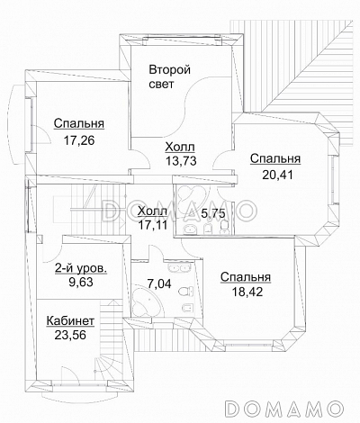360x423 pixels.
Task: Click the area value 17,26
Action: click(79, 140)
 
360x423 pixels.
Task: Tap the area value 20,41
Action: click(277, 175)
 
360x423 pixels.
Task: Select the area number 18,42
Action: click(247, 292)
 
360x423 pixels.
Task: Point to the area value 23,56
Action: click(70, 335)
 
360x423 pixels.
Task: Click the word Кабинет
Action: click(70, 320)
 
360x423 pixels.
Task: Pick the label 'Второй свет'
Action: click(170, 76)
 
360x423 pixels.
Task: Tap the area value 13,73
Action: click(181, 161)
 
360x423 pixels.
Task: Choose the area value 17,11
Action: click(153, 224)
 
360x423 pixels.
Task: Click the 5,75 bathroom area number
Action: click(213, 214)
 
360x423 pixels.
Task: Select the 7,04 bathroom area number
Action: click(159, 283)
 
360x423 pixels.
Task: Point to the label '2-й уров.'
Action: click(81, 268)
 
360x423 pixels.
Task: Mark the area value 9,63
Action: click(81, 282)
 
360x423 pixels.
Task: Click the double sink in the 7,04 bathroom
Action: click(179, 267)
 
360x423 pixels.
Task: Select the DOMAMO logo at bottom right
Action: click(284, 408)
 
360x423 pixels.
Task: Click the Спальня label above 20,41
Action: click(275, 158)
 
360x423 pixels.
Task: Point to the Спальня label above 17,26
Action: click(79, 123)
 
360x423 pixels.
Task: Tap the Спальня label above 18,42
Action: click(246, 277)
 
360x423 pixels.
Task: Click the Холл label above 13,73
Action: click(180, 147)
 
